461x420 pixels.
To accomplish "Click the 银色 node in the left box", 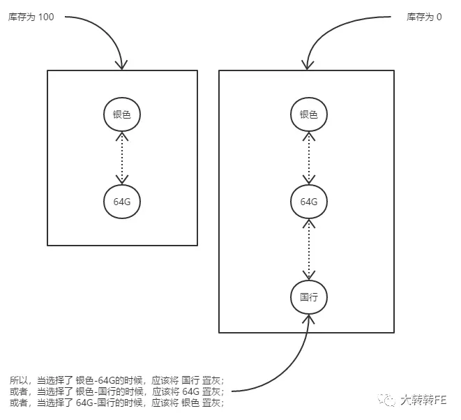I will [x=122, y=114].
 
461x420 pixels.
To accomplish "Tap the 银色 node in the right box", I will [x=308, y=114].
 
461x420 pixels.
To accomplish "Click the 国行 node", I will [x=308, y=297].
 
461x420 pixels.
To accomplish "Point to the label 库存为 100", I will [x=31, y=16].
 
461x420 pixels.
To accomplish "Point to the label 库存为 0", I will [x=424, y=16].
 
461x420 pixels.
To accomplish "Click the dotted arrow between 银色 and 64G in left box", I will [x=122, y=158].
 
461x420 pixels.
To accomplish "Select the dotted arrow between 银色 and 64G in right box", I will [x=308, y=158].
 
